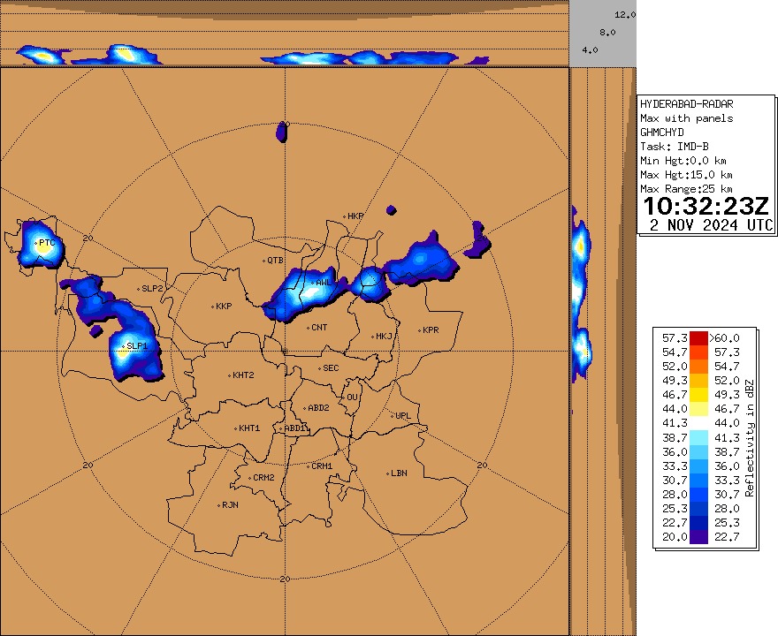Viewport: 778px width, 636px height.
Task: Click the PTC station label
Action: (46, 242)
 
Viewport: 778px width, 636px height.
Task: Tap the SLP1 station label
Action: (136, 345)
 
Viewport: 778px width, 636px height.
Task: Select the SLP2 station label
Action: (153, 289)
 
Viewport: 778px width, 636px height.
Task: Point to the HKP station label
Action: (355, 216)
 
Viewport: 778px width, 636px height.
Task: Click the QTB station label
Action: (275, 261)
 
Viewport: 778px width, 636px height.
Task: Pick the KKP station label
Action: (223, 307)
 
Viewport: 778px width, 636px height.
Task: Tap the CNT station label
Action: (319, 328)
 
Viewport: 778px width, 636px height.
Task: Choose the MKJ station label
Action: (384, 336)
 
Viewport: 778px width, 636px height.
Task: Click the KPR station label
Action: (431, 330)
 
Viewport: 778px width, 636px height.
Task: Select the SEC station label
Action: (331, 368)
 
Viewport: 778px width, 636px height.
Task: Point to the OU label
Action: (352, 397)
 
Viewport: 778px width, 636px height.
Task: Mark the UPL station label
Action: (403, 416)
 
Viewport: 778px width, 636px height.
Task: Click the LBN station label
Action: (399, 473)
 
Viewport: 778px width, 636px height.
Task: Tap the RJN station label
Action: (230, 505)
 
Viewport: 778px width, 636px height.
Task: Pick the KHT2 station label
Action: (243, 375)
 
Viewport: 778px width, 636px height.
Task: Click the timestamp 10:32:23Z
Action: (706, 207)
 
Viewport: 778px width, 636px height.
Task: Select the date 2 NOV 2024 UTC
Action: (711, 224)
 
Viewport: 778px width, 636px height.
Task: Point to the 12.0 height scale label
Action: (625, 15)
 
